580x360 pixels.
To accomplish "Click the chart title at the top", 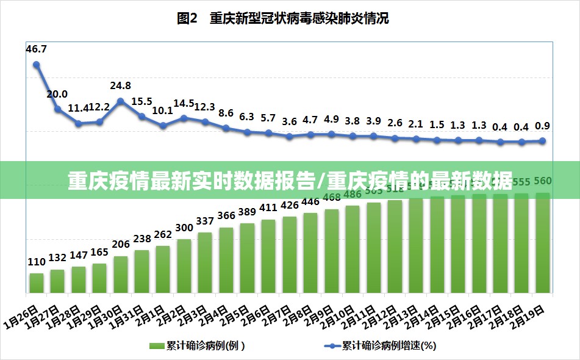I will point(282,18).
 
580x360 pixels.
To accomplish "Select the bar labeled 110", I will point(37,282).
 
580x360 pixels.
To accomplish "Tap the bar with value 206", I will point(121,273).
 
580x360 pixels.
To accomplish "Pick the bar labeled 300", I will point(184,265).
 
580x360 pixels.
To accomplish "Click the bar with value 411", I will point(268,255).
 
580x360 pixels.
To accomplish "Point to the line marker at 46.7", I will point(37,64).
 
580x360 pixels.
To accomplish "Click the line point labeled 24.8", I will point(121,101).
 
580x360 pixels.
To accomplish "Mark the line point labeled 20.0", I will point(58,109).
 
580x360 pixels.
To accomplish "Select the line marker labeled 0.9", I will point(542,141).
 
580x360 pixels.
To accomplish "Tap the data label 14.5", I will point(184,104).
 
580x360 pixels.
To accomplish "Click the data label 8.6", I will point(226,113).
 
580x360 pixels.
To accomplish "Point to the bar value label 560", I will point(542,181).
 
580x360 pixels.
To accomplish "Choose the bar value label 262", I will point(163,234).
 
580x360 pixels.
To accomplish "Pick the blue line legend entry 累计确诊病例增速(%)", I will point(381,346).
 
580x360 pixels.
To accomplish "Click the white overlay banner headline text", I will point(290,181).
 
